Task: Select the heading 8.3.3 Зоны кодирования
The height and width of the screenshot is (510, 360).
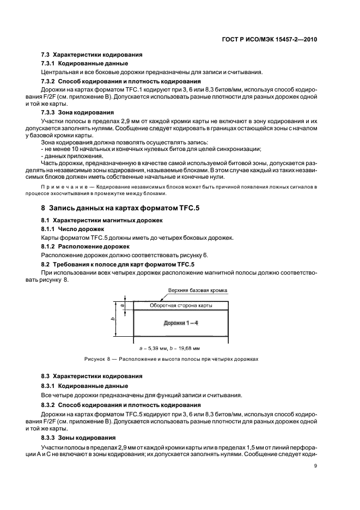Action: point(75,438)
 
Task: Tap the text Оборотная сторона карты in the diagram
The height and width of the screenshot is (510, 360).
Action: point(178,306)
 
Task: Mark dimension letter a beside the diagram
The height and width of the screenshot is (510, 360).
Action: point(123,306)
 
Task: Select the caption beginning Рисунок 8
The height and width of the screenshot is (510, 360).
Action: point(171,359)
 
